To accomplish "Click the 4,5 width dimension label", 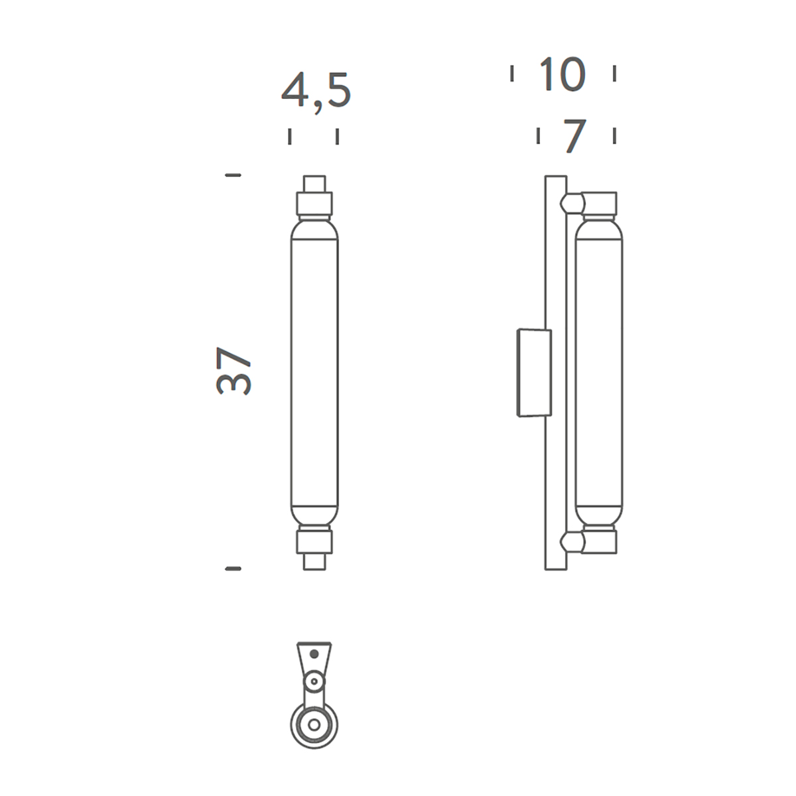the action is pyautogui.click(x=316, y=94).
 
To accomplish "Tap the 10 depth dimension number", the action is pyautogui.click(x=563, y=74).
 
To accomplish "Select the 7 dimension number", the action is pyautogui.click(x=575, y=136).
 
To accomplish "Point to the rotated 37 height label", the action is pyautogui.click(x=233, y=371).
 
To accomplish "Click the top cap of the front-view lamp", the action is pyautogui.click(x=314, y=184).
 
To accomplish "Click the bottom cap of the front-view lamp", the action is pyautogui.click(x=314, y=562).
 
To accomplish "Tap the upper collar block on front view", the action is pyautogui.click(x=314, y=203).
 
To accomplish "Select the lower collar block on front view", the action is pyautogui.click(x=314, y=543).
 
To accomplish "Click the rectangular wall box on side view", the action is pyautogui.click(x=534, y=372).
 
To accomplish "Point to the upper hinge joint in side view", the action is pyautogui.click(x=572, y=203).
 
